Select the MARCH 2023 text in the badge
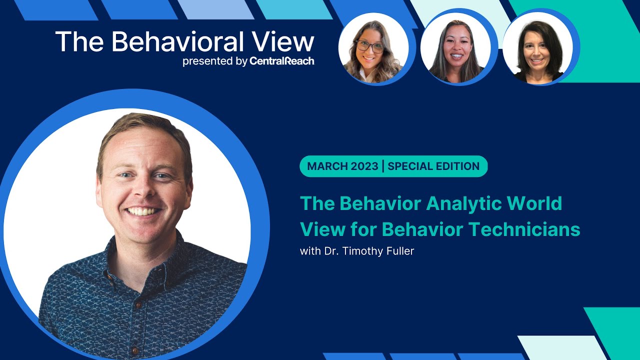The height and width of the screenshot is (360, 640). click(x=342, y=166)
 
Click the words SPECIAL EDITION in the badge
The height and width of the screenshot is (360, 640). click(x=433, y=166)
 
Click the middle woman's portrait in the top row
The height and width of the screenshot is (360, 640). click(x=456, y=47)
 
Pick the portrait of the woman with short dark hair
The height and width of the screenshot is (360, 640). click(x=537, y=47)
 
